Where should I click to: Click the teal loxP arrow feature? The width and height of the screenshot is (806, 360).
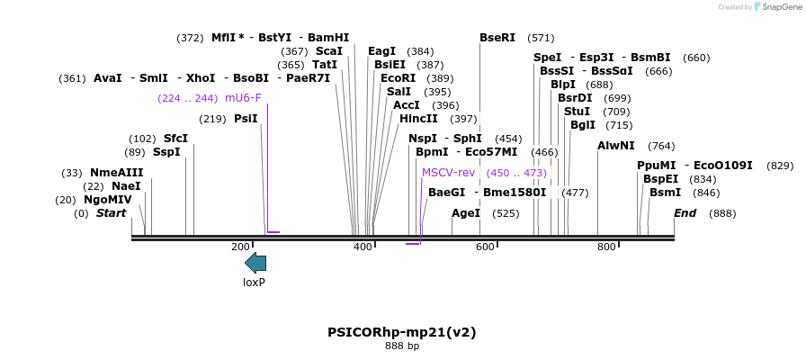[255, 263]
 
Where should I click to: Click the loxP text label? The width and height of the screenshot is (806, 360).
[255, 283]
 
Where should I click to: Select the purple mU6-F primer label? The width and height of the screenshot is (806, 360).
[243, 98]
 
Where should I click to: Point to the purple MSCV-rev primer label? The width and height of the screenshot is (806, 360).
[448, 172]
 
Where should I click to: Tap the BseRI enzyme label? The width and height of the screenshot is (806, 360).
[497, 38]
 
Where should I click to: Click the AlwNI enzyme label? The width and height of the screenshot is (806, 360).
[616, 146]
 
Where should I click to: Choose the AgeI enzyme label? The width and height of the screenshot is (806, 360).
[466, 213]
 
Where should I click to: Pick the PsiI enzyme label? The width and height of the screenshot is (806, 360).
[246, 119]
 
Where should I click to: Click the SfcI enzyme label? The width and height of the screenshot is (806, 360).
[175, 139]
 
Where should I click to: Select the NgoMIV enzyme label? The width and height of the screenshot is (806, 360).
[108, 200]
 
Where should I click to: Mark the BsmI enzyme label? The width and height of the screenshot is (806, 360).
[666, 193]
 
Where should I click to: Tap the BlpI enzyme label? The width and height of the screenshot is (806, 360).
[563, 85]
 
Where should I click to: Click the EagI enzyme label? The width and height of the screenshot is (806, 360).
[382, 51]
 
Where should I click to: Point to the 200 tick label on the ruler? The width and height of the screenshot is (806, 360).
[240, 247]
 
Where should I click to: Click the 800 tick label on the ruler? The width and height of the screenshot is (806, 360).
[606, 247]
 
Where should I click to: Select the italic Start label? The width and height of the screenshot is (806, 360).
[111, 213]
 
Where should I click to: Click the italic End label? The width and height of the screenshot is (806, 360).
[685, 213]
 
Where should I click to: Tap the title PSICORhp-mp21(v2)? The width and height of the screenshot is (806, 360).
[402, 332]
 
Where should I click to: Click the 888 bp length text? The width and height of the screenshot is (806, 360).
[402, 346]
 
